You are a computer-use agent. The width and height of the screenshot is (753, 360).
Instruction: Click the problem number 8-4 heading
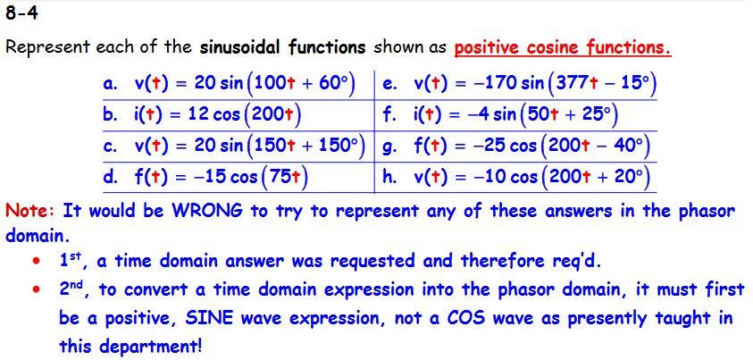pos(21,14)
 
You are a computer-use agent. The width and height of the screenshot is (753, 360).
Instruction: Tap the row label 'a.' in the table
pos(111,85)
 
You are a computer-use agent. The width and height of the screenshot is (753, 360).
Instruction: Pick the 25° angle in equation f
pos(590,115)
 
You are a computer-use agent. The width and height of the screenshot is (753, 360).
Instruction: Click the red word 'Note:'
pos(31,212)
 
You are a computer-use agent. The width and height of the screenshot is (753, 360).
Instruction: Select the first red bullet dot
pos(35,262)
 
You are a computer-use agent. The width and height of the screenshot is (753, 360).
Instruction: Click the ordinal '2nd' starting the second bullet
pos(75,289)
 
